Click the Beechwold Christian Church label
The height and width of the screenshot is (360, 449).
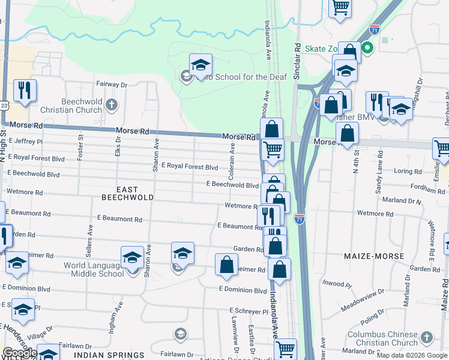(x=71, y=106)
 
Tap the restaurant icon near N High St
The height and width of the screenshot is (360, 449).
(x=25, y=91)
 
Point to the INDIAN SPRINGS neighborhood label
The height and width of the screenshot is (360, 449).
(x=109, y=355)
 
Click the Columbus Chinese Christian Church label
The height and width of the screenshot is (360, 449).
(x=383, y=338)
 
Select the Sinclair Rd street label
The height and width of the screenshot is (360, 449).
(x=297, y=60)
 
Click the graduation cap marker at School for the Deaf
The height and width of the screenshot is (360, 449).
(x=201, y=65)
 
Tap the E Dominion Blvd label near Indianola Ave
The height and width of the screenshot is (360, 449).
(x=243, y=290)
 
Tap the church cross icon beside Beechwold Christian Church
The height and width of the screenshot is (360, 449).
(x=111, y=106)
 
